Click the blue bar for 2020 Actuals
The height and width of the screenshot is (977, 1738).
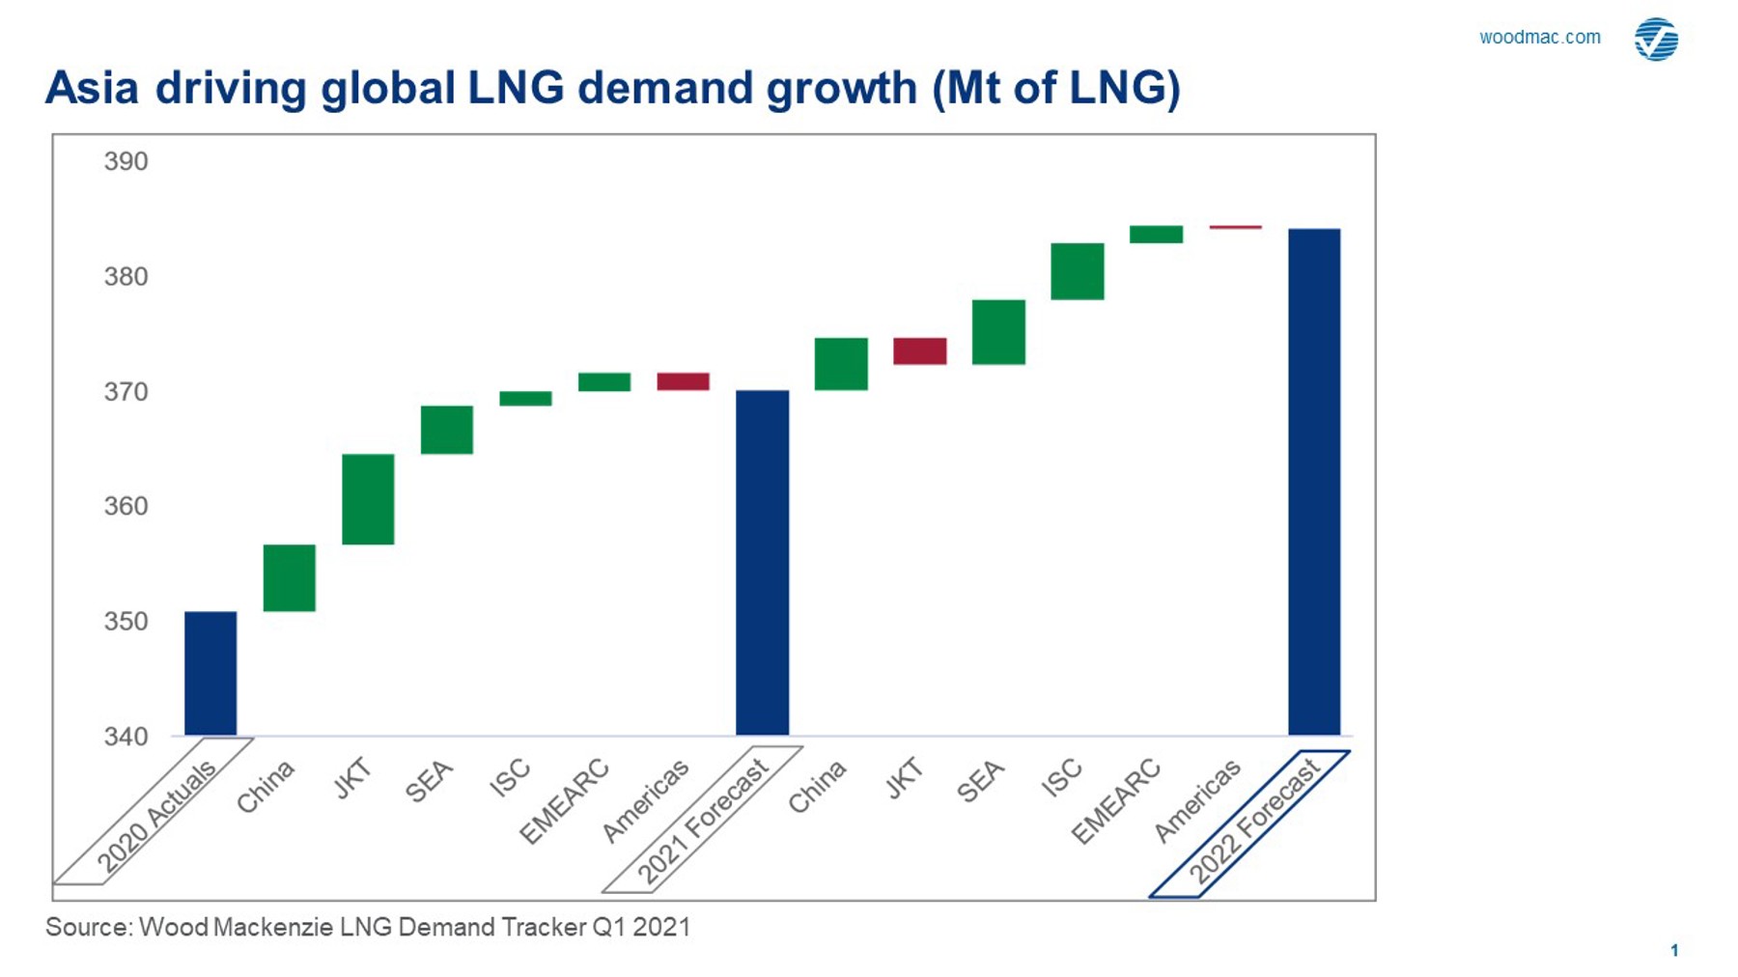tap(210, 673)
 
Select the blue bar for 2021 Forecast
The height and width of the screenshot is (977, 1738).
tap(762, 562)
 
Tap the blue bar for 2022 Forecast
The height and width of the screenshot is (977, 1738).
tap(1314, 482)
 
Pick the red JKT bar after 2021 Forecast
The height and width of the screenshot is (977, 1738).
tap(919, 351)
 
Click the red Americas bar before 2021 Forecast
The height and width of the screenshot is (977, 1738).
tap(683, 381)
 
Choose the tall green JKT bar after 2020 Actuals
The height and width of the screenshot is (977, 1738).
tap(368, 499)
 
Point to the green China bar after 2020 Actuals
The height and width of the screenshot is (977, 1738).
tap(290, 578)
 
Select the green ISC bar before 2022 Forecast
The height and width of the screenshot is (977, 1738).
tap(1078, 271)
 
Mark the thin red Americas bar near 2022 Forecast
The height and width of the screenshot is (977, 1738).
tap(1235, 227)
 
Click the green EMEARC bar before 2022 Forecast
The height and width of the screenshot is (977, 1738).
tap(1156, 235)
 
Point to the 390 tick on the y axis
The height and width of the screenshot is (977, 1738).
tap(126, 161)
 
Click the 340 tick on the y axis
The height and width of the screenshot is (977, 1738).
tap(126, 737)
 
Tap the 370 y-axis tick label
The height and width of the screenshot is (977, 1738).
tap(126, 392)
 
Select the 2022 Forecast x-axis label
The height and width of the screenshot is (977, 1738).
tap(1252, 823)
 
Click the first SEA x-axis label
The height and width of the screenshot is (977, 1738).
tap(429, 782)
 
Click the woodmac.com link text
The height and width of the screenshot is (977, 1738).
tap(1539, 38)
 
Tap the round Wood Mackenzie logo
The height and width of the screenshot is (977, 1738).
tap(1656, 40)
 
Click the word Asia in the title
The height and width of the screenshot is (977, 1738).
tap(92, 88)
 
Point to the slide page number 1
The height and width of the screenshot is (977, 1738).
tap(1674, 950)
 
